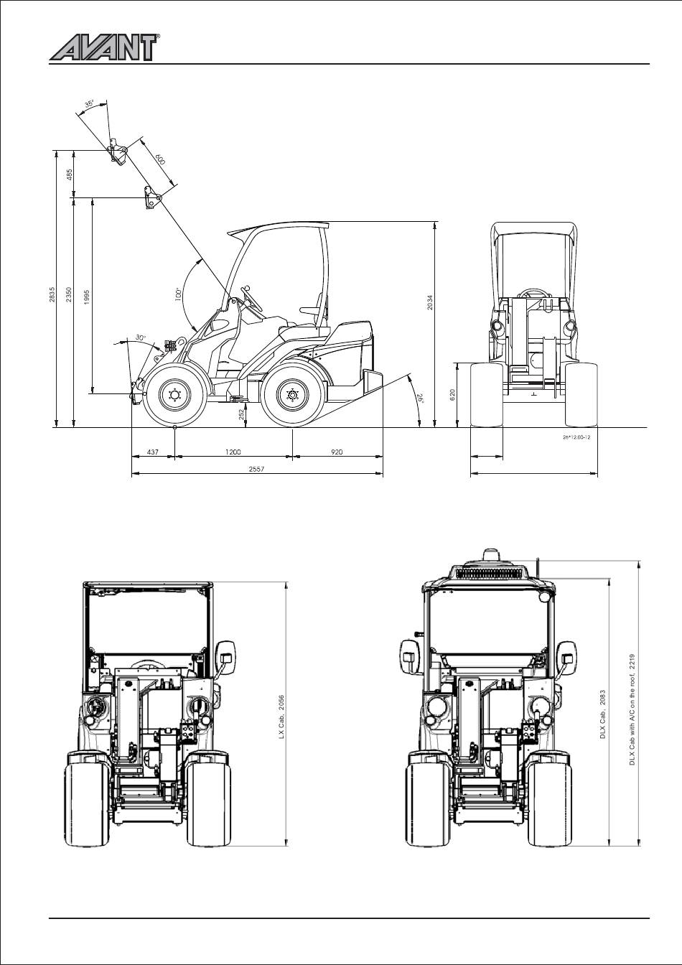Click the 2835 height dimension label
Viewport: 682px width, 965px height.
click(52, 294)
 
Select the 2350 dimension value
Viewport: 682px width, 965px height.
click(69, 294)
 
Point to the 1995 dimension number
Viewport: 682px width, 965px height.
click(87, 297)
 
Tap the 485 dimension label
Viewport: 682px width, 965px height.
click(70, 174)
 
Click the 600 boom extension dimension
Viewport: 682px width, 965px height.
click(160, 159)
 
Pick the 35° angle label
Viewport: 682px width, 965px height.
click(89, 104)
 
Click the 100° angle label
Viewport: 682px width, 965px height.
click(178, 294)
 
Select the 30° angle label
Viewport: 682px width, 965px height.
click(141, 337)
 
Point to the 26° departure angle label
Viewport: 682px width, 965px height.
click(420, 397)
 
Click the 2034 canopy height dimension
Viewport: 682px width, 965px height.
click(429, 302)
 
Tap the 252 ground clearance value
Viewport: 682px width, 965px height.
click(242, 414)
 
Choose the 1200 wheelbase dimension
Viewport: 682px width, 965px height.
click(233, 452)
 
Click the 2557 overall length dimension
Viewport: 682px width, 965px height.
click(257, 469)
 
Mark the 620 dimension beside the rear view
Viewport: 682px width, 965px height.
click(452, 395)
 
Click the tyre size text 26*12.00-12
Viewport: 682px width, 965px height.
click(576, 437)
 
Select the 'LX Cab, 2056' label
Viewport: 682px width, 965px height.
click(281, 717)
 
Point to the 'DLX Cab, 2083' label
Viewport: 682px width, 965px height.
click(603, 714)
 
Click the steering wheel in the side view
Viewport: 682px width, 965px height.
click(252, 298)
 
